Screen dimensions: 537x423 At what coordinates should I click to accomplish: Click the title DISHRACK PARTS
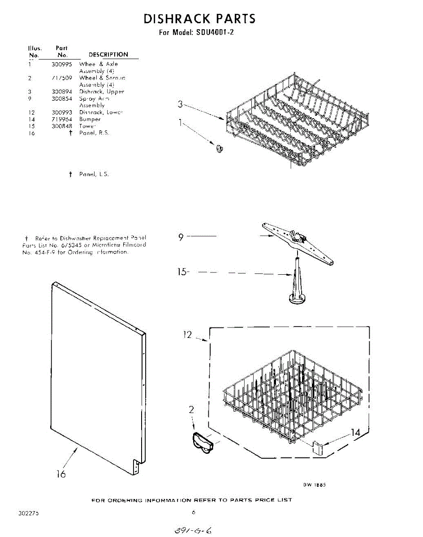point(199,19)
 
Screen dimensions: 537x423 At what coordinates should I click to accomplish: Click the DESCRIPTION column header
point(108,55)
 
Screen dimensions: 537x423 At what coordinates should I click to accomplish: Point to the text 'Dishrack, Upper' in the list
point(102,92)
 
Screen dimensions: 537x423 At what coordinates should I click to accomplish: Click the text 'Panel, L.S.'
point(94,174)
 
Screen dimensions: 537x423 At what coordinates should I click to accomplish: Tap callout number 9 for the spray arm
point(181,237)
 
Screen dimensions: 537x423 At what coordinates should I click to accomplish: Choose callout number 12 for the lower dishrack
point(188,334)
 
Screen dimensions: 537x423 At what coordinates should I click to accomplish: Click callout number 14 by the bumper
point(355,433)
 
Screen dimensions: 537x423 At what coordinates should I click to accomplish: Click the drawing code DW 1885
point(313,485)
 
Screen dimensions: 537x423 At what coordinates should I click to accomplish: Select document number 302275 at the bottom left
point(29,513)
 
